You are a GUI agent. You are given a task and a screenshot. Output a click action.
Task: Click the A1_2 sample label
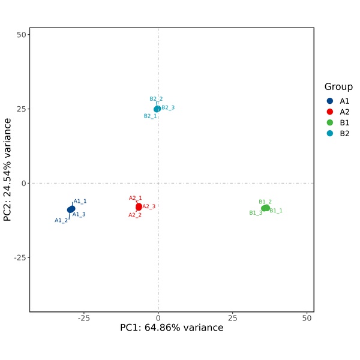pyautogui.click(x=61, y=220)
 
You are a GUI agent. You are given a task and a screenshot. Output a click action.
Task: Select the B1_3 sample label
pyautogui.click(x=256, y=213)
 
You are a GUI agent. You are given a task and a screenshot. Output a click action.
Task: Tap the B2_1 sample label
pyautogui.click(x=150, y=116)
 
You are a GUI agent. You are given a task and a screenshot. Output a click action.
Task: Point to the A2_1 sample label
pyautogui.click(x=136, y=198)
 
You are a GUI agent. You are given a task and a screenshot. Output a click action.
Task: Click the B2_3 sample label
pyautogui.click(x=168, y=108)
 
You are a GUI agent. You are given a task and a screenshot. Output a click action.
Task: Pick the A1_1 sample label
pyautogui.click(x=80, y=202)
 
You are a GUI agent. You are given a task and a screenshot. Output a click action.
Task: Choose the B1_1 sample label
pyautogui.click(x=276, y=211)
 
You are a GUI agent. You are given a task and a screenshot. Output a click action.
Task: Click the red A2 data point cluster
pyautogui.click(x=139, y=206)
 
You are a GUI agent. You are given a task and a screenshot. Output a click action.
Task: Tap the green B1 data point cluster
pyautogui.click(x=265, y=208)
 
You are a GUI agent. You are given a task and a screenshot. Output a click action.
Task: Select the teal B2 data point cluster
pyautogui.click(x=157, y=109)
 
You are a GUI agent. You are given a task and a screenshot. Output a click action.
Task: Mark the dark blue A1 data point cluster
pyautogui.click(x=71, y=209)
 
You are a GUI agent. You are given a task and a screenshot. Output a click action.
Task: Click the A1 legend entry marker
pyautogui.click(x=330, y=101)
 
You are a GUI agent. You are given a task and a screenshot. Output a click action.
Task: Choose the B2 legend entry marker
pyautogui.click(x=330, y=133)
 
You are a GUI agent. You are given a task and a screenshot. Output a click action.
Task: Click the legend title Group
pyautogui.click(x=338, y=86)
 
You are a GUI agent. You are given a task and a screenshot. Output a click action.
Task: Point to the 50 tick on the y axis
pyautogui.click(x=20, y=35)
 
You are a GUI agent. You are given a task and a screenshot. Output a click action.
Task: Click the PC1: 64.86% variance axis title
pyautogui.click(x=172, y=328)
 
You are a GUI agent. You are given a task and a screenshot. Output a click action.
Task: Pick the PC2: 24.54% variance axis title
pyautogui.click(x=8, y=170)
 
